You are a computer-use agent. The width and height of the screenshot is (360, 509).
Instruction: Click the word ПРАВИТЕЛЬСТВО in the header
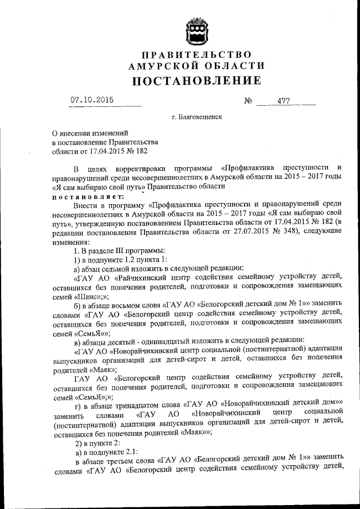[196, 55]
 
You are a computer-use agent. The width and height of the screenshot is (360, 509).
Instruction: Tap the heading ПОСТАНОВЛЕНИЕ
[196, 80]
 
